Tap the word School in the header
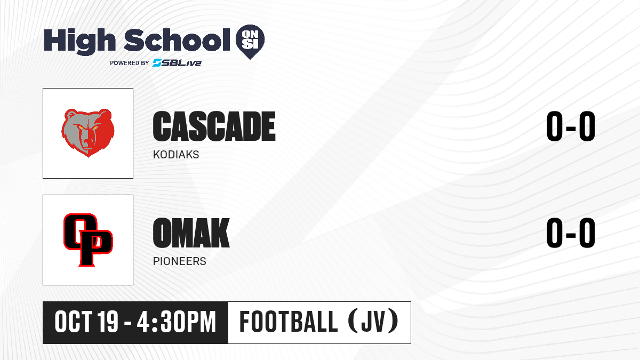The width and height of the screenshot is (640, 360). pos(177,40)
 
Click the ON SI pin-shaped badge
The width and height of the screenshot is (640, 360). pos(250,42)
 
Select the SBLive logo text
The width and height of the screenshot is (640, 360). pos(177,62)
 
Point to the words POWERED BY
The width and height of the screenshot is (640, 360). pos(130,63)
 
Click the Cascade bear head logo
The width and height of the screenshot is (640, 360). pos(88,133)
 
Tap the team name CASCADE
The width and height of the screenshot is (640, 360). pos(214,126)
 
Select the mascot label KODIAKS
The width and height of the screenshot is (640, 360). pos(176,155)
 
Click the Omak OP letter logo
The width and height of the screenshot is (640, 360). pos(88,239)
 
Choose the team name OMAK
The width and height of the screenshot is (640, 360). pos(191,233)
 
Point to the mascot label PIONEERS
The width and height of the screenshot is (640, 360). pos(179,261)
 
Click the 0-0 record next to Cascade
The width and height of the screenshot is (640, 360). pos(571,126)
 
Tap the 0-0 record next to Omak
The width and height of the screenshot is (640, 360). pos(571,233)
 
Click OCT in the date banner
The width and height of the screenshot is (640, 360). pos(74,322)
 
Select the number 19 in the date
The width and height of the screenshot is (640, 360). pos(108,322)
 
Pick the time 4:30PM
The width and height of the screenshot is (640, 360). pos(177,322)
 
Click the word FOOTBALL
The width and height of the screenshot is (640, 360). pos(289,322)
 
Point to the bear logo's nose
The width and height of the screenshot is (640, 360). pos(87,141)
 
